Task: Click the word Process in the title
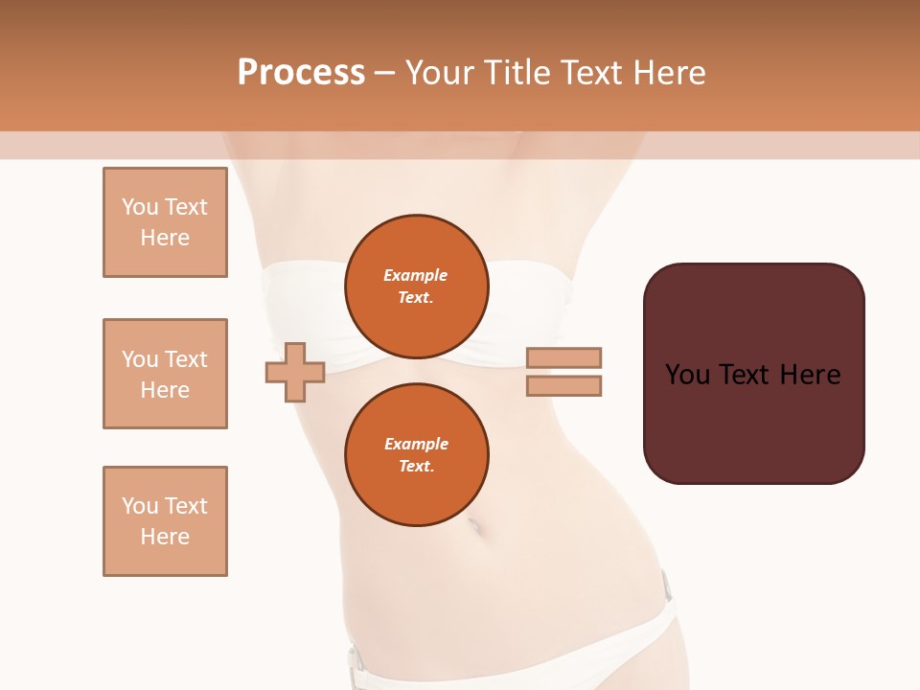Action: pos(301,72)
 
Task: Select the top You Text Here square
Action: pos(165,222)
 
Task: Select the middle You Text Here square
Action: pos(165,374)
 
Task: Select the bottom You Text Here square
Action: pos(165,521)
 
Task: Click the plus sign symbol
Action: pos(295,373)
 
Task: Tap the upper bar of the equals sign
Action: pos(563,357)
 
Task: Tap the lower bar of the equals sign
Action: pos(563,385)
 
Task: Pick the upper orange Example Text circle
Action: pos(416,287)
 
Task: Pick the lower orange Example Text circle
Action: pos(416,455)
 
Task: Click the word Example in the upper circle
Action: pos(416,275)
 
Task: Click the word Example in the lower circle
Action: pos(416,444)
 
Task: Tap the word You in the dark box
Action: pos(687,374)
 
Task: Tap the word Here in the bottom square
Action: pos(165,537)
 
